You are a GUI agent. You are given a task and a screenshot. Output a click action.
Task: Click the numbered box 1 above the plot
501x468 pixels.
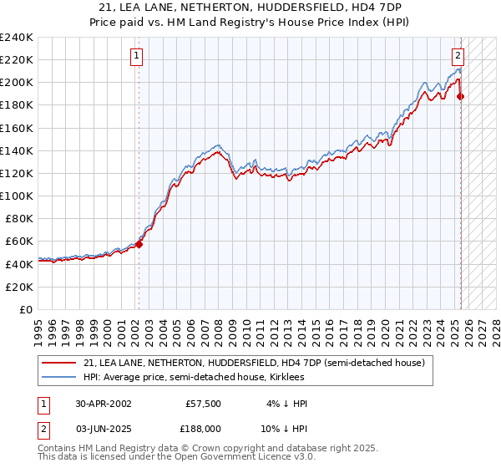point(136,57)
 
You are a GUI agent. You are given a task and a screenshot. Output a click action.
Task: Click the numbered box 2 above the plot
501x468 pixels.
point(458,57)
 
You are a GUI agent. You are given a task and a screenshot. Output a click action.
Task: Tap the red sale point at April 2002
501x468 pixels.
point(139,244)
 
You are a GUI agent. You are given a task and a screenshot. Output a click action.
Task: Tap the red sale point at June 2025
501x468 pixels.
point(461,96)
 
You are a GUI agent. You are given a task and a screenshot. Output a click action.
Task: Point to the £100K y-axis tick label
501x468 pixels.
point(16,196)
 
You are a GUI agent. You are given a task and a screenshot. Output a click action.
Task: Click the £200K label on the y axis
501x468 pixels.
point(16,83)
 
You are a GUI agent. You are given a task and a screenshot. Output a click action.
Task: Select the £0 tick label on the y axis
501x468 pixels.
point(27,309)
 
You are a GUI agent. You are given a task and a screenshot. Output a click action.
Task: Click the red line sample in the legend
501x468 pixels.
point(60,363)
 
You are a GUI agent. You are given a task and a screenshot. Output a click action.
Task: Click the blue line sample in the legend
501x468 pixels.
point(60,377)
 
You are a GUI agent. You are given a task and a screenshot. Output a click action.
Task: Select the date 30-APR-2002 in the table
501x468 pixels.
point(104,404)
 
